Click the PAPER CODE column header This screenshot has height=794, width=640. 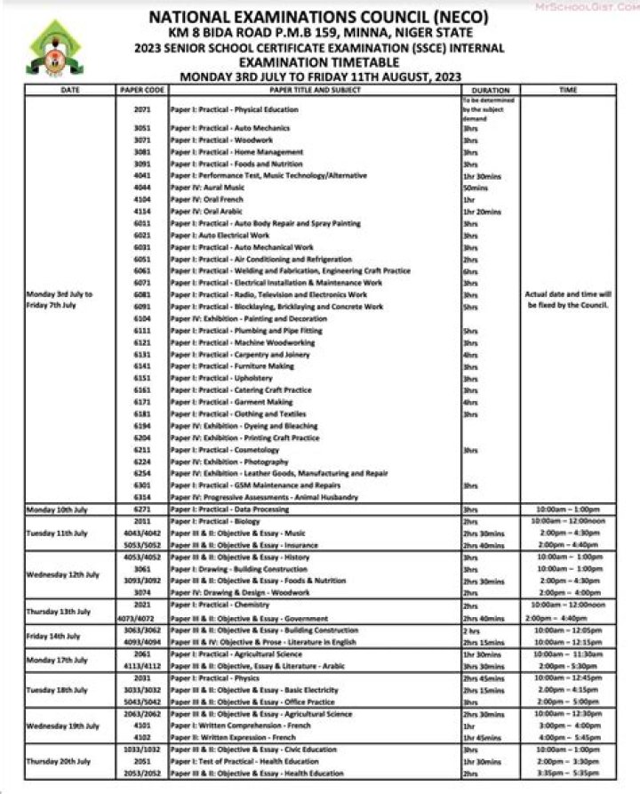(142, 90)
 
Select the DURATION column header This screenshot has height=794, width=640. (491, 90)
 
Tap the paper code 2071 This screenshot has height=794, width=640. (142, 109)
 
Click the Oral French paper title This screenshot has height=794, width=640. (207, 200)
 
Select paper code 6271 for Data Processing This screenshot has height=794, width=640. (142, 509)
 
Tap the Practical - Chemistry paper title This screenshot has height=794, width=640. (222, 605)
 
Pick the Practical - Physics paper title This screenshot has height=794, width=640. (218, 678)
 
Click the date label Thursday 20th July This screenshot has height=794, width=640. (59, 761)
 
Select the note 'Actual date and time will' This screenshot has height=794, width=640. (567, 293)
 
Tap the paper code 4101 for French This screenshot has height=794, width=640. (142, 726)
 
